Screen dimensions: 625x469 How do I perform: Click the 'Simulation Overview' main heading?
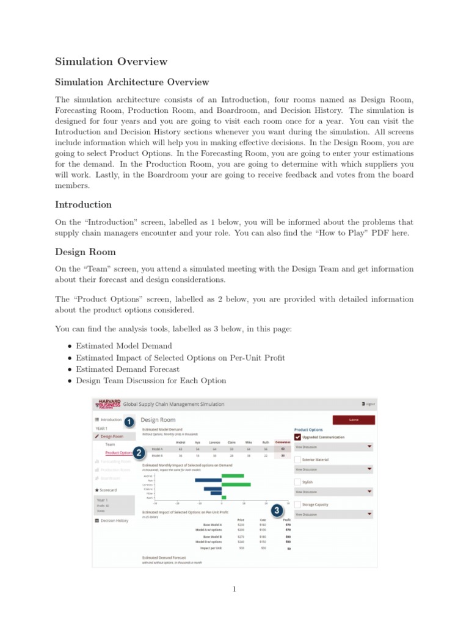tap(111, 62)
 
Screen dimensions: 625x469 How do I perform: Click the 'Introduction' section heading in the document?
tap(83, 204)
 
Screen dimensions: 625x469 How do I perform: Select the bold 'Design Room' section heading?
tap(85, 251)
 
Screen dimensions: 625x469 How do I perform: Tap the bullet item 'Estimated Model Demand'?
tap(124, 345)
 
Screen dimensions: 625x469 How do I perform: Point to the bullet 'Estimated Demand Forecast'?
tap(128, 369)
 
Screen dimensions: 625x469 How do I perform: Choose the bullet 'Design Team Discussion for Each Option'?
tap(151, 381)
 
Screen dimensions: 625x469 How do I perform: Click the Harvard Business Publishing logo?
tap(108, 404)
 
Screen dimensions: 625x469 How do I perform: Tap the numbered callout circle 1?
tap(129, 421)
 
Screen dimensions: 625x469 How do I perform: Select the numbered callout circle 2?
tap(139, 452)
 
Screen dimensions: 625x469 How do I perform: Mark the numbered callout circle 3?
tap(277, 510)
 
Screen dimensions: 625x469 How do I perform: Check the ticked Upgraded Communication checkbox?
tap(297, 437)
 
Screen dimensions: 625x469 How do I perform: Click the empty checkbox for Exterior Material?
tap(297, 460)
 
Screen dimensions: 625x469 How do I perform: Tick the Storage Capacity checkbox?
tap(297, 505)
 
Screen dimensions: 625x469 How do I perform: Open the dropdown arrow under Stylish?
tap(369, 491)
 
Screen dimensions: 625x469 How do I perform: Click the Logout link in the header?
tap(368, 404)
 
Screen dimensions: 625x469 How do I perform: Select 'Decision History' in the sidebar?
tap(114, 521)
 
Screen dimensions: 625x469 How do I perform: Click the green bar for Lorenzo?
tap(236, 485)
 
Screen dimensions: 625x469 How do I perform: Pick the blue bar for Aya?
tap(208, 480)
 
